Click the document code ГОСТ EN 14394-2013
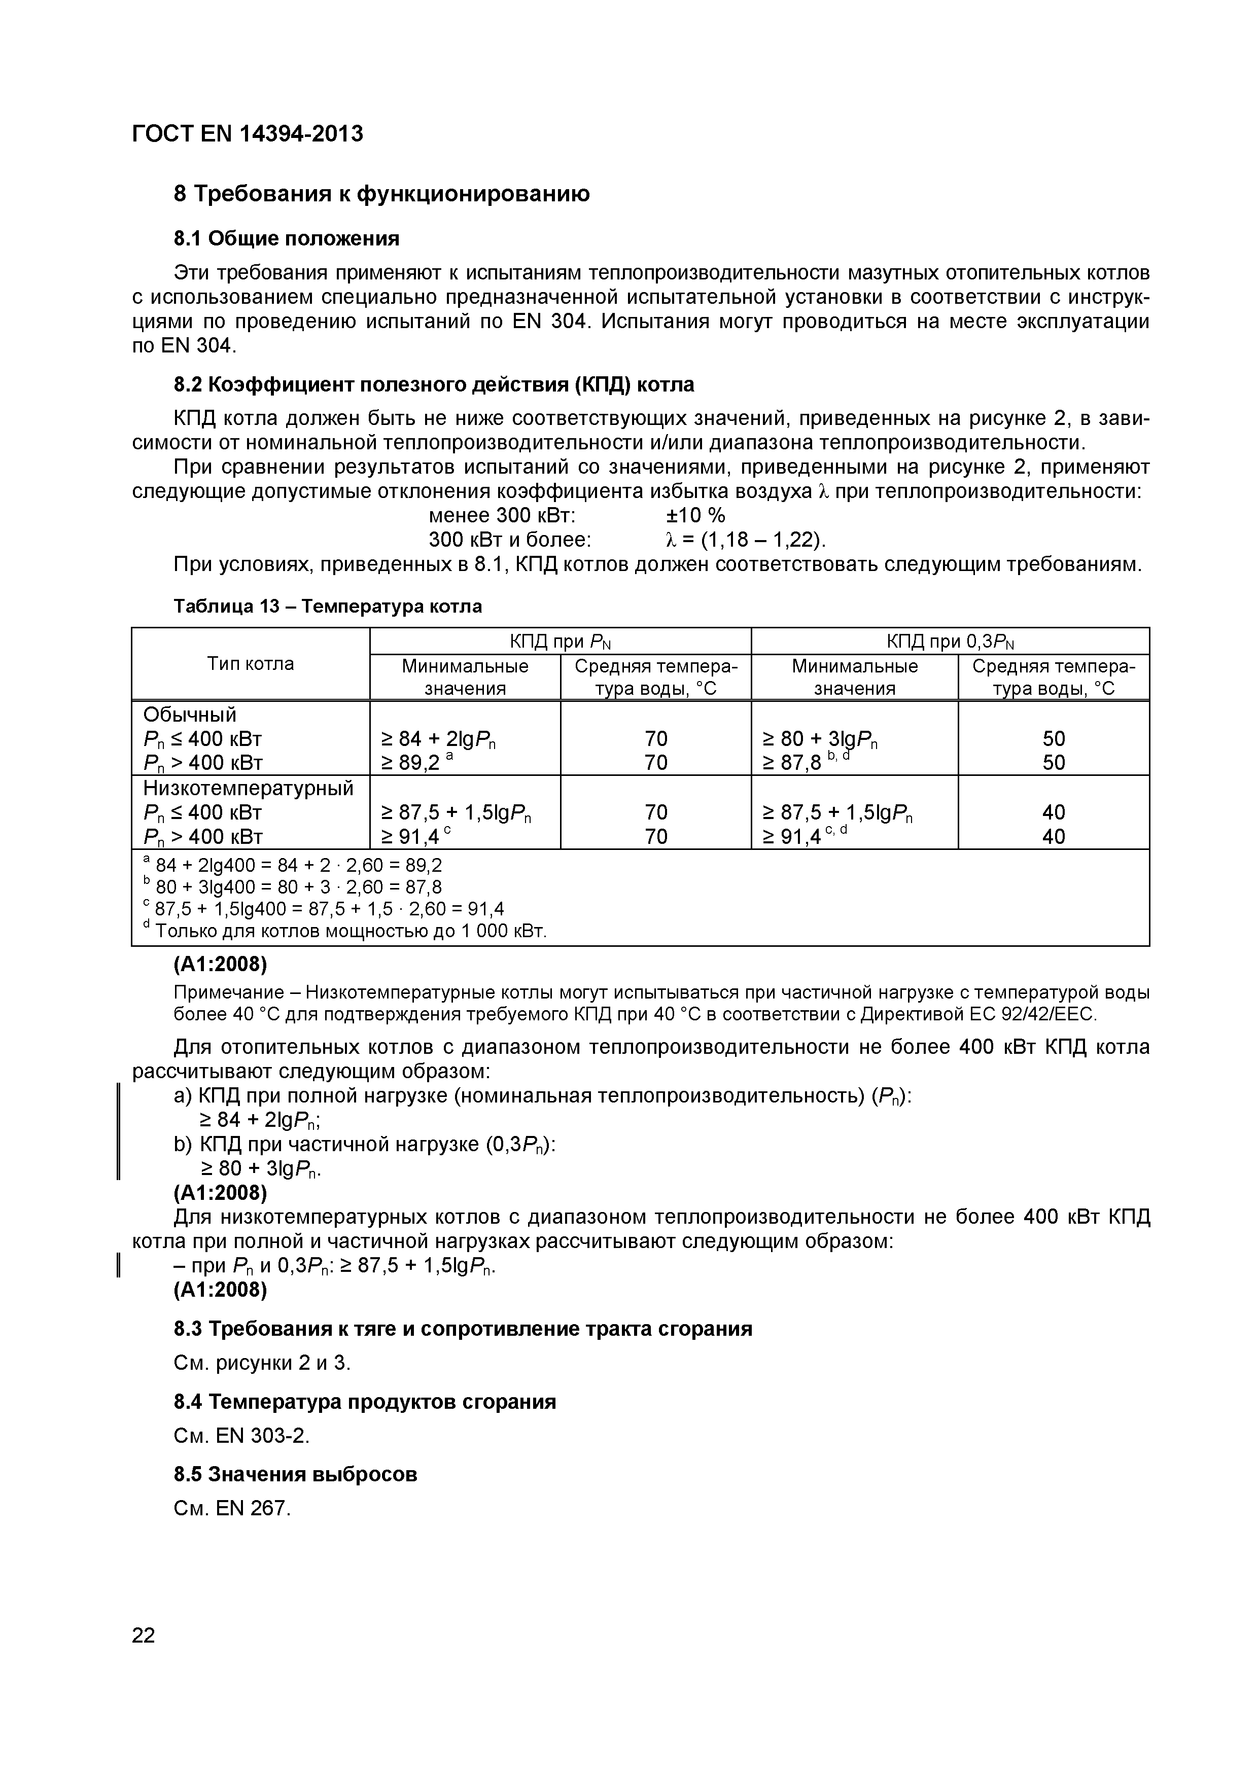(x=247, y=134)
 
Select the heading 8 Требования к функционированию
(x=381, y=194)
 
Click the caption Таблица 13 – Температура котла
(x=327, y=606)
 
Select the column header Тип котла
(x=251, y=664)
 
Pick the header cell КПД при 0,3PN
(x=950, y=642)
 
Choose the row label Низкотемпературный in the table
(x=248, y=788)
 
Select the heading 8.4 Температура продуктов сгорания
(x=364, y=1402)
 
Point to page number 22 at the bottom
(x=144, y=1635)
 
